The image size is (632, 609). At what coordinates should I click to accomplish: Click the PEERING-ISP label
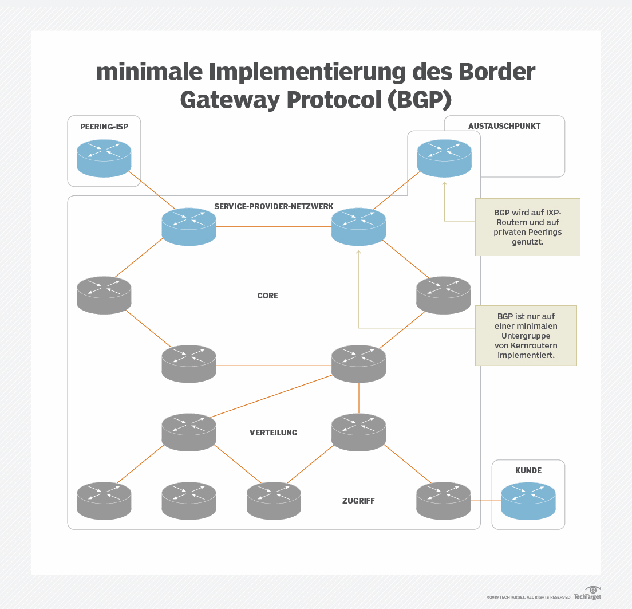pyautogui.click(x=104, y=127)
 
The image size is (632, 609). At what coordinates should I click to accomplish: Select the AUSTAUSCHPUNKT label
pyautogui.click(x=504, y=126)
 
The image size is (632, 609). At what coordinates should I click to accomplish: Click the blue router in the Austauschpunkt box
pyautogui.click(x=444, y=158)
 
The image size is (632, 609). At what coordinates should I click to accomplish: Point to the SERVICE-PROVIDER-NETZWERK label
pyautogui.click(x=274, y=206)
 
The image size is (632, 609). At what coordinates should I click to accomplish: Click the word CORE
pyautogui.click(x=268, y=296)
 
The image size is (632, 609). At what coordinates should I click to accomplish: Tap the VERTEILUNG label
pyautogui.click(x=274, y=433)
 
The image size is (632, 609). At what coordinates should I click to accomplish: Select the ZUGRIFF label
pyautogui.click(x=358, y=501)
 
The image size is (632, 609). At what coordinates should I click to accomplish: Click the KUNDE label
pyautogui.click(x=528, y=470)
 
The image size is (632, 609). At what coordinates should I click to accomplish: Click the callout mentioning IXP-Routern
pyautogui.click(x=527, y=227)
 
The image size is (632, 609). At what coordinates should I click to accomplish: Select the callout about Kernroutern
pyautogui.click(x=526, y=335)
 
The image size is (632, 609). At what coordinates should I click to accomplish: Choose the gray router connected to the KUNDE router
pyautogui.click(x=443, y=500)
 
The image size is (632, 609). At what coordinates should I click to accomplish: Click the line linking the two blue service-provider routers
pyautogui.click(x=274, y=227)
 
